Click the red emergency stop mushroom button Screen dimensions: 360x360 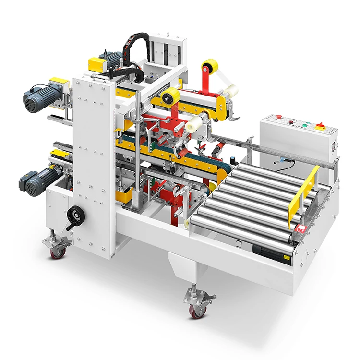coord(278,117)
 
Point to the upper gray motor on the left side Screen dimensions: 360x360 coord(39,96)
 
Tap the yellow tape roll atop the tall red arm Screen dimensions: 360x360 coord(210,66)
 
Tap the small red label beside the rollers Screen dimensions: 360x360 coord(301,228)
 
